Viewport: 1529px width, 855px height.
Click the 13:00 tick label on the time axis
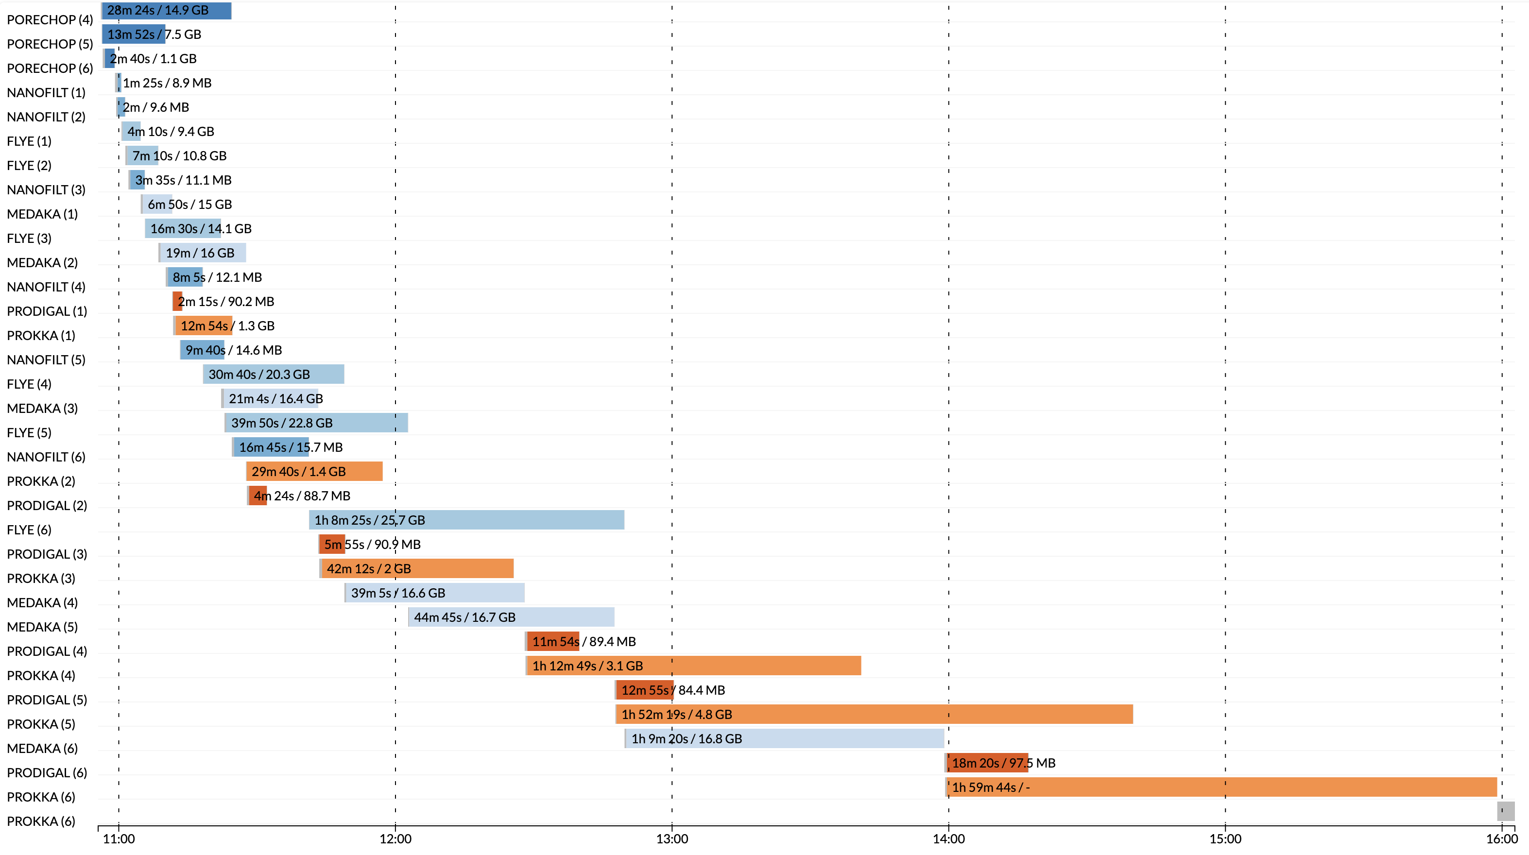click(x=672, y=838)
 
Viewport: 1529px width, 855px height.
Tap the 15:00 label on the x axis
click(x=1225, y=838)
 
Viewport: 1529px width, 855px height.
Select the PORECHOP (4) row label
click(x=50, y=19)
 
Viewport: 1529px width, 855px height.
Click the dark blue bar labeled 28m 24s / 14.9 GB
click(x=166, y=11)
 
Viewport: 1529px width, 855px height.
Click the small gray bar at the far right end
click(x=1505, y=810)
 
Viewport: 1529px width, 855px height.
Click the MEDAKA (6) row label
click(x=42, y=748)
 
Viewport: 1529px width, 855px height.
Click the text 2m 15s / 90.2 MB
click(x=226, y=301)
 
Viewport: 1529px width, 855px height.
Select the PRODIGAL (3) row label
click(x=47, y=554)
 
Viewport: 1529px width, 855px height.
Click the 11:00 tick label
click(x=119, y=838)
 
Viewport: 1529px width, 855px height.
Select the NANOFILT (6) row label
click(x=46, y=457)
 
